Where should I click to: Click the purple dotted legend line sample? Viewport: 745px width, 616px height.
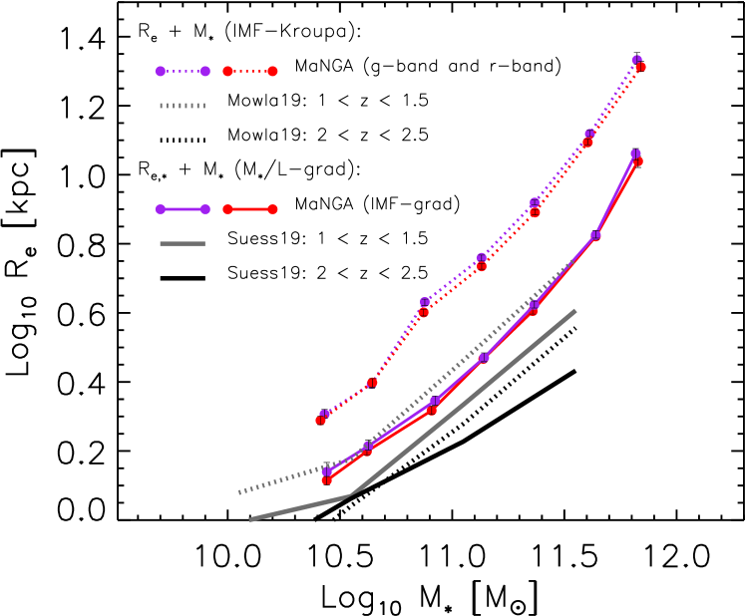coord(183,72)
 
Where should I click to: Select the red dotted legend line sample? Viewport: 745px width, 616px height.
coord(250,72)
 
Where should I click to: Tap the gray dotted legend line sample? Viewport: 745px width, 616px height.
coord(183,106)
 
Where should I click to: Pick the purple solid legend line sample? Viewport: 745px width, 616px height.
coord(183,209)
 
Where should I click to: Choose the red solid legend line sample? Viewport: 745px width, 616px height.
coord(250,209)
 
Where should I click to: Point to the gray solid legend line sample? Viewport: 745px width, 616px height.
coord(183,243)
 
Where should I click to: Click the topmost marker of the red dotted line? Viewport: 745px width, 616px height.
coord(640,68)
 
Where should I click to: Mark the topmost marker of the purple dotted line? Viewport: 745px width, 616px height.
coord(637,60)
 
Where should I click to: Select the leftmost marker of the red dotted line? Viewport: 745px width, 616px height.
coord(321,421)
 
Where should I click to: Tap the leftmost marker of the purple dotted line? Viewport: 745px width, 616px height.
coord(325,414)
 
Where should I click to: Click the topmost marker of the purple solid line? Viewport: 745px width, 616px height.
coord(635,154)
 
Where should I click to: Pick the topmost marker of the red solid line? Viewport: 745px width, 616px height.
coord(638,161)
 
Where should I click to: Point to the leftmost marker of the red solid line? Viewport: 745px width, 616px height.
coord(327,480)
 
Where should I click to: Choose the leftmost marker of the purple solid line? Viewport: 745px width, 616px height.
coord(326,471)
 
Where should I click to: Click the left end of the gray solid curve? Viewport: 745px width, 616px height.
coord(251,519)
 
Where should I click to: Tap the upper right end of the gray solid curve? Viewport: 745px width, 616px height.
coord(575,311)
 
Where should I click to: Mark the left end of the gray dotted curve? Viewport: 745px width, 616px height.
coord(239,492)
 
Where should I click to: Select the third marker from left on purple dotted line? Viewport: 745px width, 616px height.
coord(425,301)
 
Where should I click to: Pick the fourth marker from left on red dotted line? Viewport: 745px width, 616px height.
coord(482,266)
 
